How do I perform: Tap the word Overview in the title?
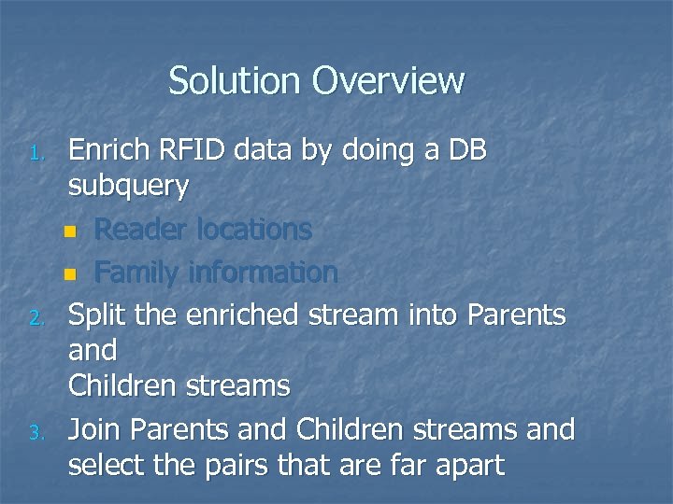click(x=389, y=81)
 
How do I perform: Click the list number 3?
click(x=34, y=433)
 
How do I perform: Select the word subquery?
click(x=129, y=187)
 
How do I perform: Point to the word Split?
click(x=99, y=315)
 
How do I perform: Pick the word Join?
click(x=96, y=429)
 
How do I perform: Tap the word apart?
click(x=467, y=465)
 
